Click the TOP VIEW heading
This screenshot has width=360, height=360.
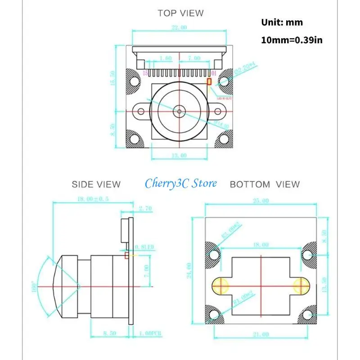coord(180,13)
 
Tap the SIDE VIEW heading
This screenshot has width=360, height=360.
coord(96,184)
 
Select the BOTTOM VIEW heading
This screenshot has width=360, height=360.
coord(265,184)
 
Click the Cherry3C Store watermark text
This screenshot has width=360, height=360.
coord(180,183)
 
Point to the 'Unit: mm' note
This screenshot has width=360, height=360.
coord(282,22)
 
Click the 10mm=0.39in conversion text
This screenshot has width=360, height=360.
coord(292,40)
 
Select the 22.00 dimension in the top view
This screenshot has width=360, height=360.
coord(179,27)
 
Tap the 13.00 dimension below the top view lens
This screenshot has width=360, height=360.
coord(179,156)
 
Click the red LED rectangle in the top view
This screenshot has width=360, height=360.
coord(209,81)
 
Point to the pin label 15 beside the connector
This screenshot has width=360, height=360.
coord(145,73)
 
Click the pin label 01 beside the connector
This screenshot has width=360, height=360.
coord(214,73)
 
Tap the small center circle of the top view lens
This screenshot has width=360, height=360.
coord(179,110)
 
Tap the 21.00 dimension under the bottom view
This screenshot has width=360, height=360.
coord(260,334)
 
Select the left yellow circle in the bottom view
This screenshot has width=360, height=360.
coord(221,285)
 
